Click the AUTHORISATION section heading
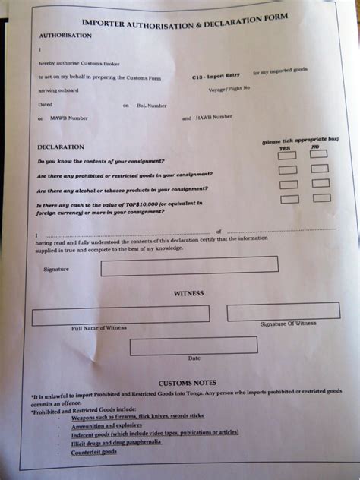click(65, 36)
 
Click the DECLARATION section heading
click(57, 146)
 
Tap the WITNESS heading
click(188, 292)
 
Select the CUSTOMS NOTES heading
click(188, 382)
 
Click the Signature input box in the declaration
click(189, 266)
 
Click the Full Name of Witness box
click(120, 314)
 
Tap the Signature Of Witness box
click(283, 311)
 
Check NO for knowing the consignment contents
click(319, 154)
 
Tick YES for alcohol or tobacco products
click(289, 185)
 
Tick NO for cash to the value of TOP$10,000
click(322, 198)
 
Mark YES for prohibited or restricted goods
click(288, 170)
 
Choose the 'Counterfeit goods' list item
click(94, 451)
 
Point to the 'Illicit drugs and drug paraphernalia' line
click(122, 443)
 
